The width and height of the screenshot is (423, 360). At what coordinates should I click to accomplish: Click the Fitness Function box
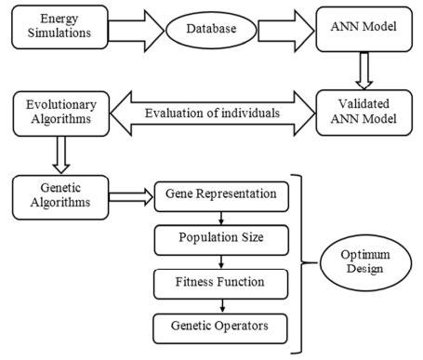point(220,283)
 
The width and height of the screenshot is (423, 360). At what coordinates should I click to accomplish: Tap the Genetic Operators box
point(220,327)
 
